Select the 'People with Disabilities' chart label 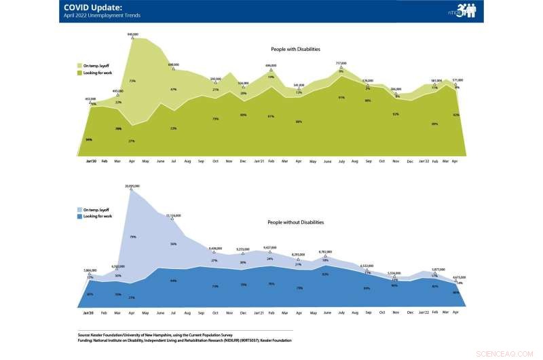click(x=295, y=50)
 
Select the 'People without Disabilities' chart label click(x=295, y=222)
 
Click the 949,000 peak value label click(x=132, y=34)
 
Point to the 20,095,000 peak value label click(x=132, y=185)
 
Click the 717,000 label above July click(x=341, y=63)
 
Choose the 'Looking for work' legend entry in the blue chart click(x=95, y=216)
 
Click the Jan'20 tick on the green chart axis click(x=90, y=162)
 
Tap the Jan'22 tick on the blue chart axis click(x=424, y=311)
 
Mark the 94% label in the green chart click(x=89, y=139)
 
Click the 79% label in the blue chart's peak click(x=132, y=237)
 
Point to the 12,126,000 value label click(x=173, y=215)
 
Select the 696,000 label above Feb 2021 click(x=271, y=66)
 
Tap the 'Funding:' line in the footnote click(x=184, y=340)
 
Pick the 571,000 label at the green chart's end click(x=457, y=80)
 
